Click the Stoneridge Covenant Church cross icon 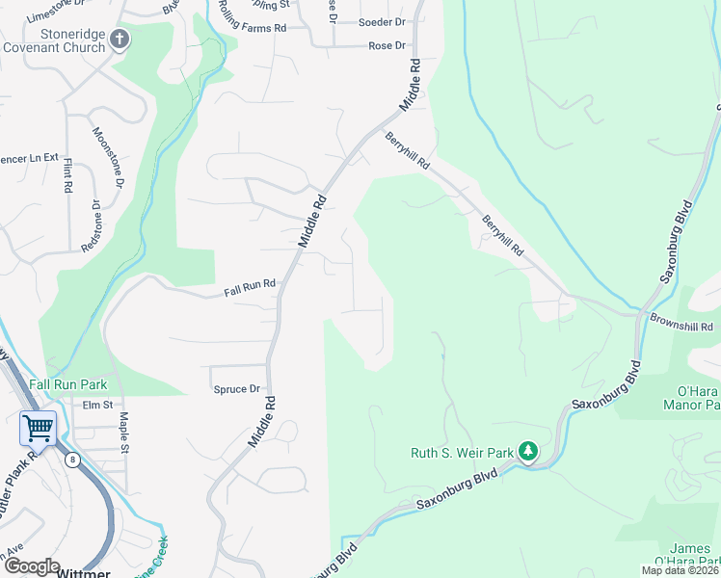coord(120,39)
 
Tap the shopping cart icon coord(38,427)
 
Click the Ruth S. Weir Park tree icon coord(527,451)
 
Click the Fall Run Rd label coord(250,286)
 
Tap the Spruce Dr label coord(237,389)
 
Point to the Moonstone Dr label coord(109,156)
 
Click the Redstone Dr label coord(92,226)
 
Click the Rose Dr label coord(387,45)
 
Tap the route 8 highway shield coord(72,460)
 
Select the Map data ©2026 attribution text coord(680,570)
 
